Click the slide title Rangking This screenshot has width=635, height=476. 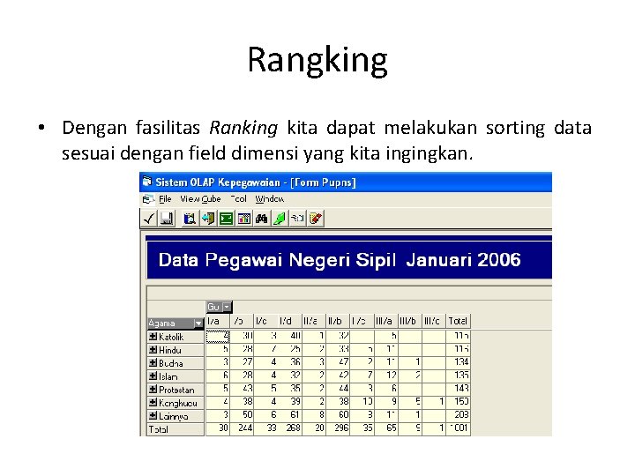click(x=317, y=60)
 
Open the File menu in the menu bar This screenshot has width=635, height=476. click(x=164, y=199)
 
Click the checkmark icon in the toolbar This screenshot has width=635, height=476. click(x=149, y=218)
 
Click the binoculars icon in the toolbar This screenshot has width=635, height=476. click(x=261, y=218)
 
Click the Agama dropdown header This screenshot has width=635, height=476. click(x=175, y=323)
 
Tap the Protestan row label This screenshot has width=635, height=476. click(x=176, y=390)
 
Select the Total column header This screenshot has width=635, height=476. click(x=458, y=321)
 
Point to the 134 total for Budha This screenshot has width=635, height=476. click(x=459, y=363)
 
